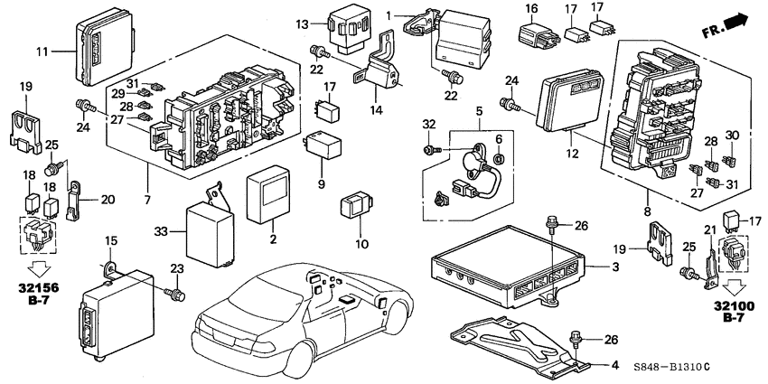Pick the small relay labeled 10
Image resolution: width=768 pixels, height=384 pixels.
[x=354, y=205]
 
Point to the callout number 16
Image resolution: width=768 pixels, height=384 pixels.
[x=532, y=8]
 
